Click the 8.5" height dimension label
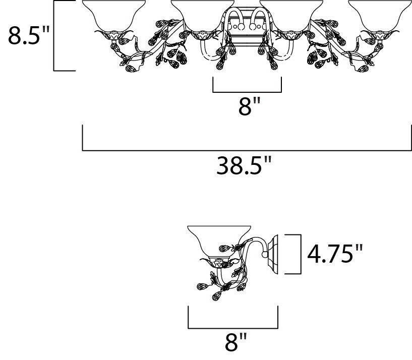tap(29, 35)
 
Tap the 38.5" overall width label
tap(243, 165)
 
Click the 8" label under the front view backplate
tap(249, 106)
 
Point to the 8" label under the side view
tap(236, 342)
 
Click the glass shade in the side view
tap(219, 242)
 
